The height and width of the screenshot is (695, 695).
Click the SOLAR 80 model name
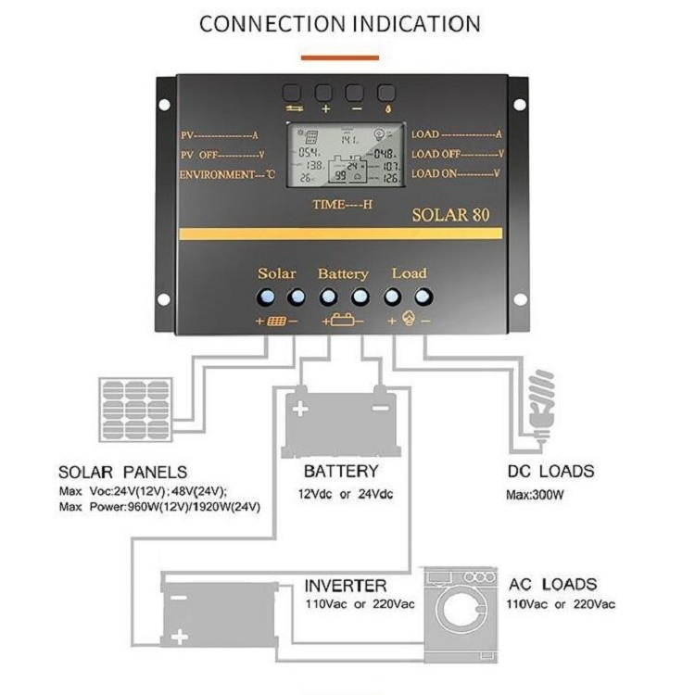450,215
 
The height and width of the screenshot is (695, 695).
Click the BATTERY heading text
340,471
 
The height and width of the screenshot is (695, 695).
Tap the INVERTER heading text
346,586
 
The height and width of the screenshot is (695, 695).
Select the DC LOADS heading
550,471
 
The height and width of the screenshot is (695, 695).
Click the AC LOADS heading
552,585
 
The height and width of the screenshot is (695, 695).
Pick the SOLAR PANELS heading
122,472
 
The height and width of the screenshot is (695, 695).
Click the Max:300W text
535,495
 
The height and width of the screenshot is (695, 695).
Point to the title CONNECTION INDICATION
340,23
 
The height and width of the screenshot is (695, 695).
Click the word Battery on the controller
343,273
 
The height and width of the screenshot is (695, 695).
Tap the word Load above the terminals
409,272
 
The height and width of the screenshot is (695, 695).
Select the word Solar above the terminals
277,272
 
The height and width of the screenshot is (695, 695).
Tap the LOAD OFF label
456,154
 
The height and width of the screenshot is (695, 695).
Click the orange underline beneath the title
340,57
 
